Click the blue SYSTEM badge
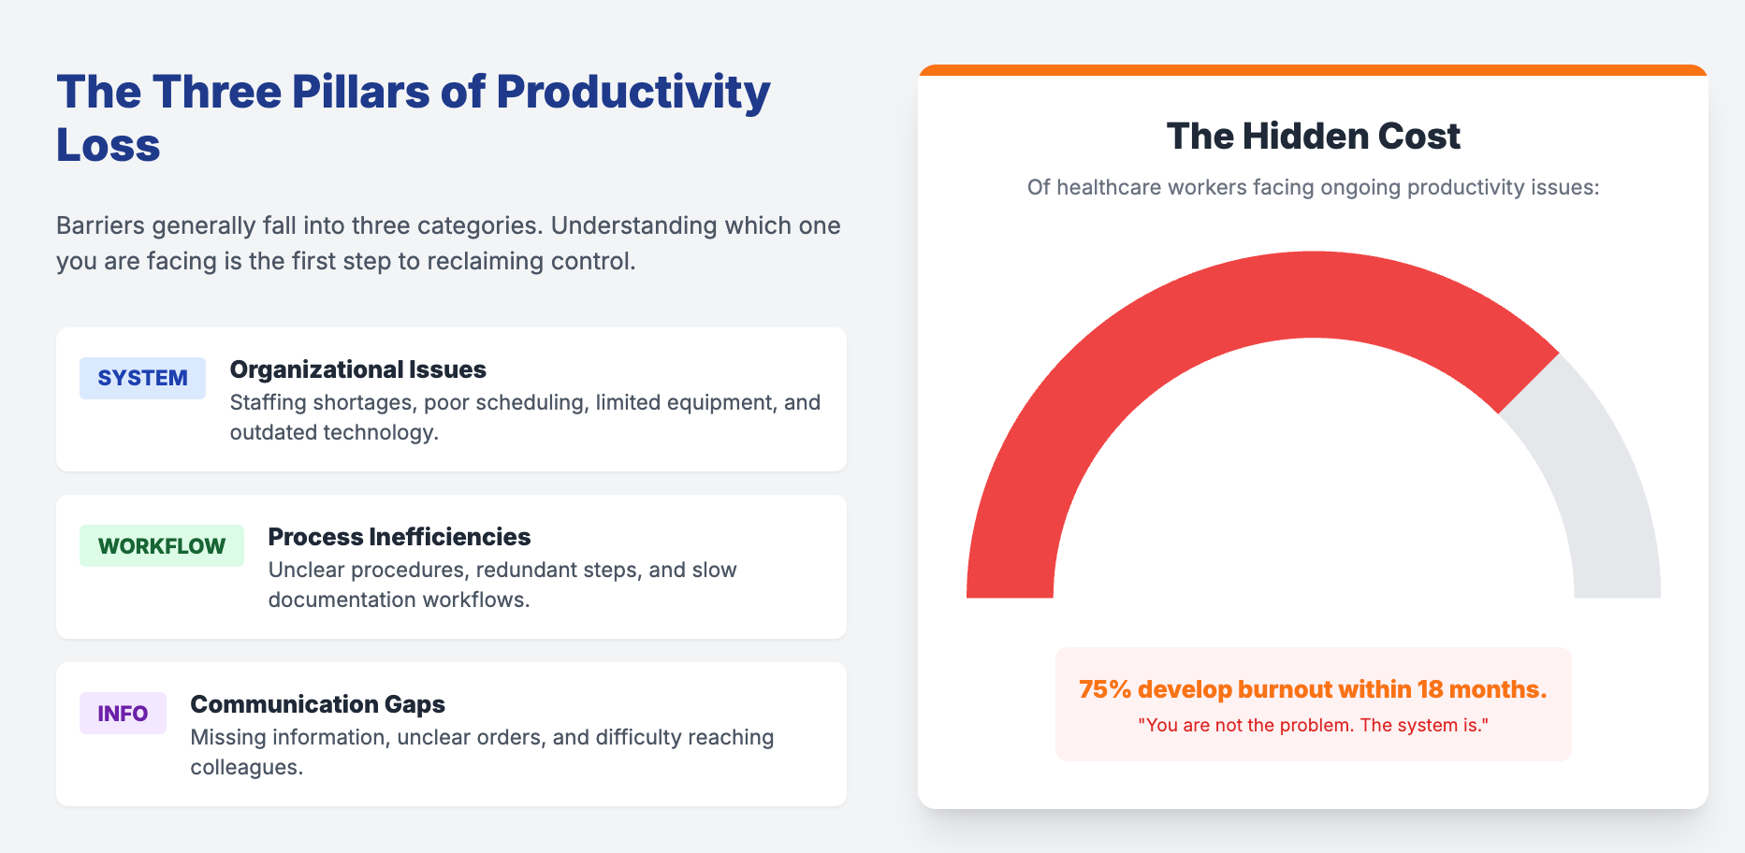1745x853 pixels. coord(142,378)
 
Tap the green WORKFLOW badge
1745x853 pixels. coord(161,546)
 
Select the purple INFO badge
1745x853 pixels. coord(123,714)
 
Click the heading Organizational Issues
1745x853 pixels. coord(357,369)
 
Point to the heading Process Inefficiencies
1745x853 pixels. coord(399,537)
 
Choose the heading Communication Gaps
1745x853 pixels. coord(317,704)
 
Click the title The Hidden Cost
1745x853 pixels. coord(1313,137)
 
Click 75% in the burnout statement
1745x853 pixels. coord(1105,689)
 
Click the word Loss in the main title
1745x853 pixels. coord(109,146)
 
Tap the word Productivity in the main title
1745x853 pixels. coord(633,93)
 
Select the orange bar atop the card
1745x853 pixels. coord(1313,70)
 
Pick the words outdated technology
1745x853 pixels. coord(332,432)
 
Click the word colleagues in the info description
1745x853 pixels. coord(244,768)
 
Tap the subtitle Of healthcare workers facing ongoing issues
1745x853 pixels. coord(1313,187)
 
